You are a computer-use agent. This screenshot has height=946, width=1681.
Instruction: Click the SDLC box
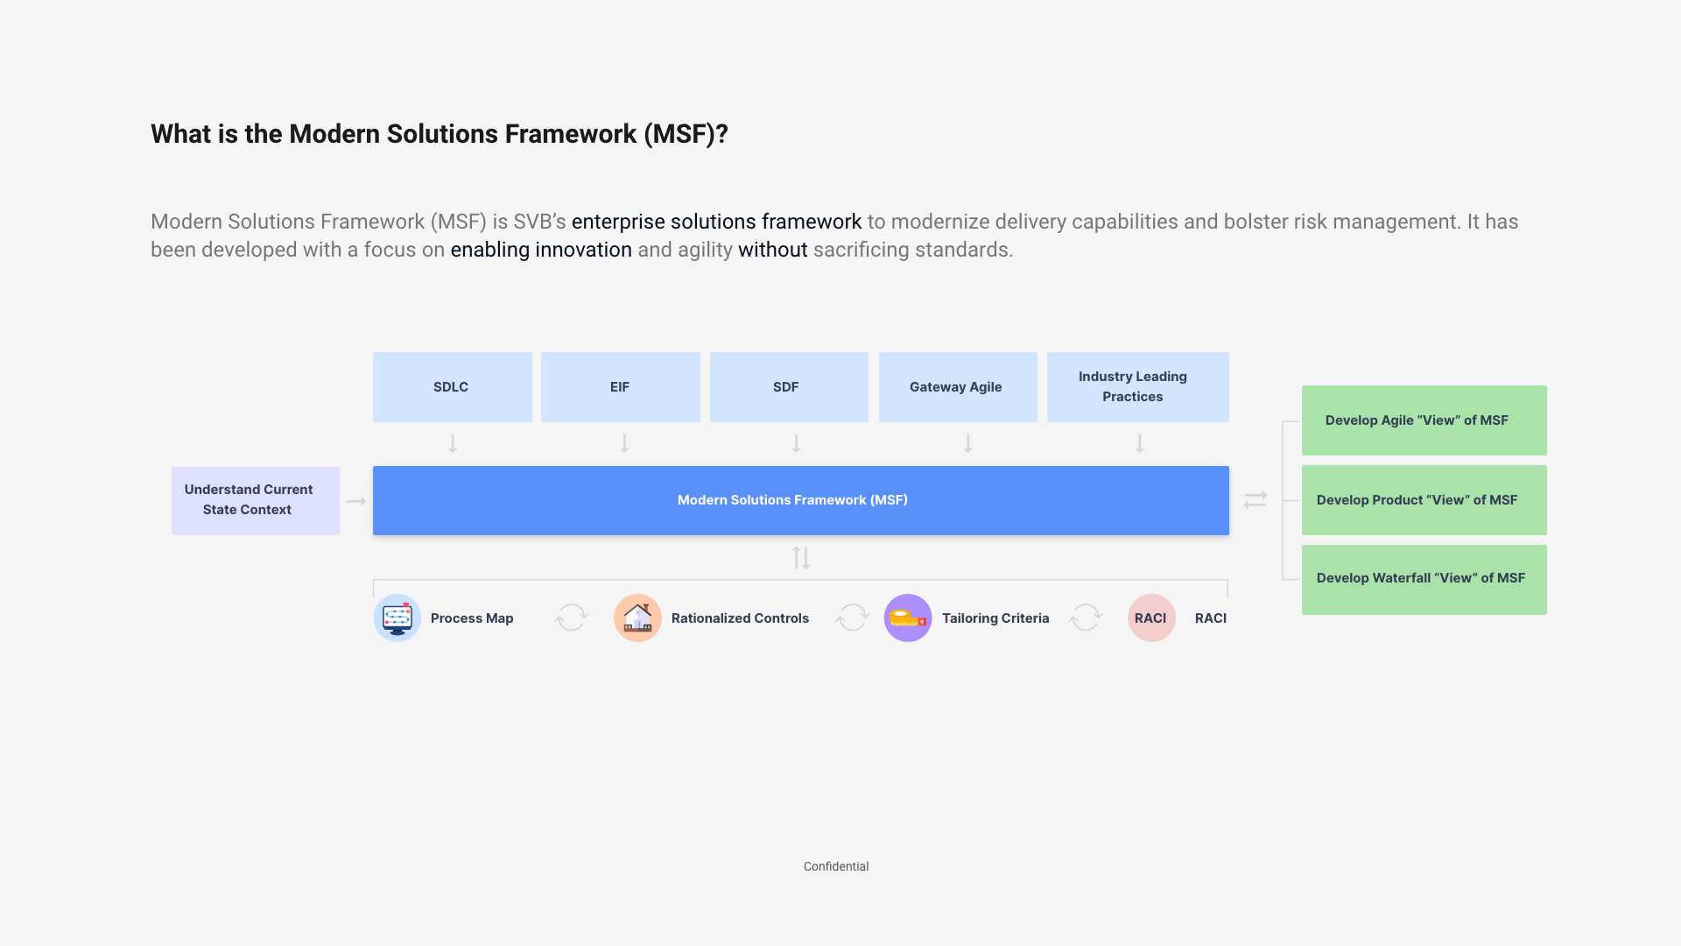coord(452,387)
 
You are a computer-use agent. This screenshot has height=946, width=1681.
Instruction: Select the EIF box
coord(620,387)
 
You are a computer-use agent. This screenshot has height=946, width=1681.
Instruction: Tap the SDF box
coord(788,387)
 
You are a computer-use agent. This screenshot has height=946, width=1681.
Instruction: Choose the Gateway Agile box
coord(957,387)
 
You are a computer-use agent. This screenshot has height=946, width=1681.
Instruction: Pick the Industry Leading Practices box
coord(1137,387)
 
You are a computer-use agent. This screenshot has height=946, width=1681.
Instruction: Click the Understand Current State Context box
coord(255,500)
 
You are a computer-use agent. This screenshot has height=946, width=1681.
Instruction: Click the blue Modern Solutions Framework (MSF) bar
coord(800,500)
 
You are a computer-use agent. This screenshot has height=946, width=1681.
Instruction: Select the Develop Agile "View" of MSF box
coord(1424,420)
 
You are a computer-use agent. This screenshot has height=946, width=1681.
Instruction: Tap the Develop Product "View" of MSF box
coord(1424,500)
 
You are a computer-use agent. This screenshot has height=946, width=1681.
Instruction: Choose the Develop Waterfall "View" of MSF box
coord(1424,579)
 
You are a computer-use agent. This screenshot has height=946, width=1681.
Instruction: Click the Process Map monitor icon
coord(397,618)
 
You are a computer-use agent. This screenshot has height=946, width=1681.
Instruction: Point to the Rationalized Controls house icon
coord(637,618)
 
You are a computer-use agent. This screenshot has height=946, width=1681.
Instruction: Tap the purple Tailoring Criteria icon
coord(908,618)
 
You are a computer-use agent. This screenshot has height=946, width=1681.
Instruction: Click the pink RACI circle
coord(1151,618)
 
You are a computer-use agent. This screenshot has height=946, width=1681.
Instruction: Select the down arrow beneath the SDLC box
coord(453,443)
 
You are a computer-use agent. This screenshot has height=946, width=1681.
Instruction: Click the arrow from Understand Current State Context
coord(356,501)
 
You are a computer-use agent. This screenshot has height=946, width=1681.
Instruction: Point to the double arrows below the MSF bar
coord(801,558)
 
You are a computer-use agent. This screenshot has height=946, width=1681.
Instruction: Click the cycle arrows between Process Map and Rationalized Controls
coord(572,618)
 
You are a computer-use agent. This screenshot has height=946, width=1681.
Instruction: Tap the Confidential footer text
coord(836,866)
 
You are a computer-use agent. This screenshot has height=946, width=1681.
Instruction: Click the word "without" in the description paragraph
coord(772,250)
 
